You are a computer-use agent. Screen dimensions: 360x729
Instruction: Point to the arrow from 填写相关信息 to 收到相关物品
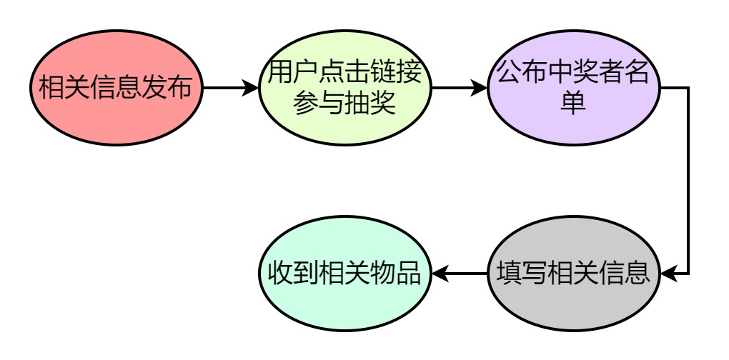(x=460, y=273)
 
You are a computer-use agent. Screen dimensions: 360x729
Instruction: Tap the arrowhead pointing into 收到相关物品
(x=439, y=273)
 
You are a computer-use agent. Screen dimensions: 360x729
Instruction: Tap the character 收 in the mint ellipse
(x=279, y=273)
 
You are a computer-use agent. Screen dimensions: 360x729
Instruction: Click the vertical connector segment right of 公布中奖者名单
(x=688, y=179)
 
